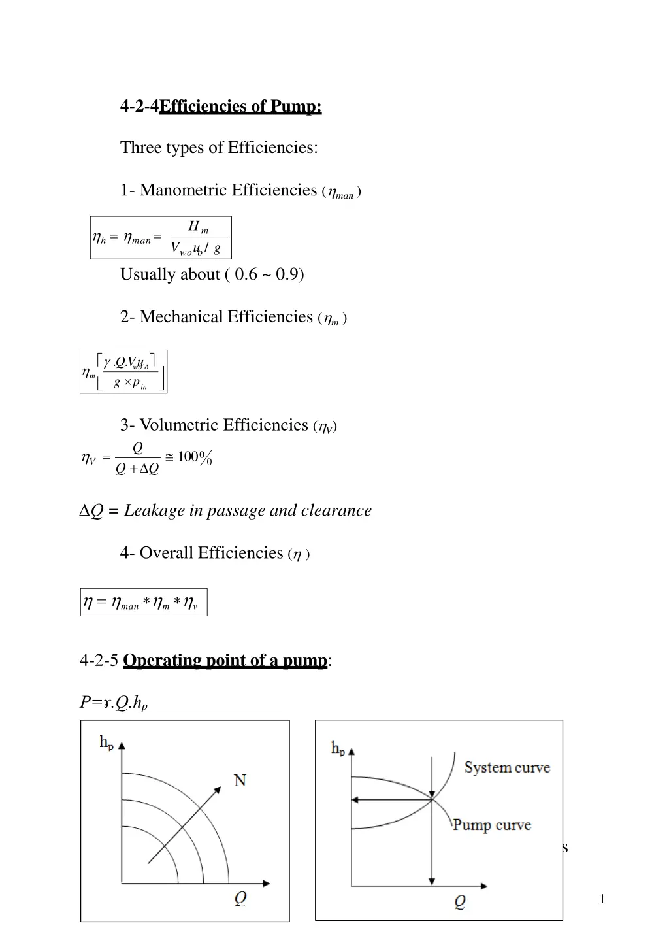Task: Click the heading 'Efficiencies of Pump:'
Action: click(240, 106)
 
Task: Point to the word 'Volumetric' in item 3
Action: click(179, 425)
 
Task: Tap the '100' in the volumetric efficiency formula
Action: click(188, 456)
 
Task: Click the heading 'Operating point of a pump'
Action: click(225, 661)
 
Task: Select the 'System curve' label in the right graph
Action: click(507, 767)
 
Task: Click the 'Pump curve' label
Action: click(492, 825)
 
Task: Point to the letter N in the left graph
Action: click(240, 780)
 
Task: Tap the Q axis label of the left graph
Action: click(240, 899)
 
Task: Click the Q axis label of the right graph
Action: click(460, 903)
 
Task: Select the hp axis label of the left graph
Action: click(106, 742)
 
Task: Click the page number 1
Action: click(602, 899)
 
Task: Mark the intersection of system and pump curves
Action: click(432, 799)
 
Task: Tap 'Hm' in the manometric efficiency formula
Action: click(198, 227)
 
